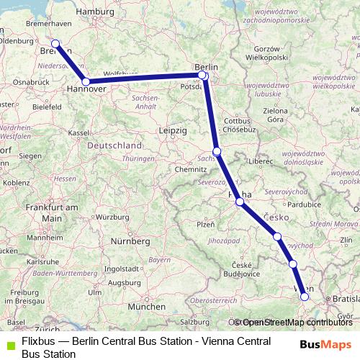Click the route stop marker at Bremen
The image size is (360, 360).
point(55,44)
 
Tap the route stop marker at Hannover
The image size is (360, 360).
point(86,82)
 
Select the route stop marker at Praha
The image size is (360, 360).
point(240,202)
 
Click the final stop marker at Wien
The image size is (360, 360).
point(305,296)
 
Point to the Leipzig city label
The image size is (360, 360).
point(172,130)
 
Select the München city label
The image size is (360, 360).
point(140,306)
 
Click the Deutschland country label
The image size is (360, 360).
point(114,145)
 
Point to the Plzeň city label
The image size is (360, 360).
point(206,224)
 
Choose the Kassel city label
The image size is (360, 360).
point(78,133)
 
